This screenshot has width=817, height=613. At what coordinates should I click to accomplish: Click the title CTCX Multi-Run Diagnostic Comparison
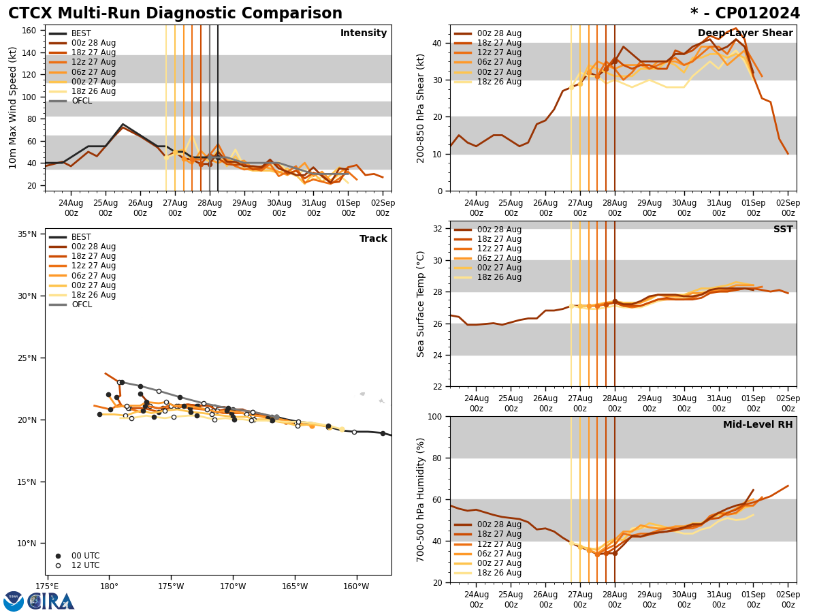(175, 14)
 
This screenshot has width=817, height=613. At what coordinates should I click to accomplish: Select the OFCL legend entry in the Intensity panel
(81, 101)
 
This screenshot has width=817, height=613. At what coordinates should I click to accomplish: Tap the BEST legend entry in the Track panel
(81, 237)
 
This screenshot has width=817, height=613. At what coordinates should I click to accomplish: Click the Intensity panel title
(363, 33)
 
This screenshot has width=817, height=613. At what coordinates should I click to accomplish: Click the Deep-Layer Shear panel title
(745, 33)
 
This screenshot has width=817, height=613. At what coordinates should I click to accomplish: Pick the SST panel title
(782, 230)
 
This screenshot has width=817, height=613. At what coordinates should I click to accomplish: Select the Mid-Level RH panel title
(757, 425)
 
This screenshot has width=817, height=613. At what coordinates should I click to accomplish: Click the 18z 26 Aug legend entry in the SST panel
(500, 277)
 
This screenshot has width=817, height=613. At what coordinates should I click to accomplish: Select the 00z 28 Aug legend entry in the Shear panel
(500, 33)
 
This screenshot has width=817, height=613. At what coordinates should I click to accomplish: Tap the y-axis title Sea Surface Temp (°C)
(421, 304)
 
